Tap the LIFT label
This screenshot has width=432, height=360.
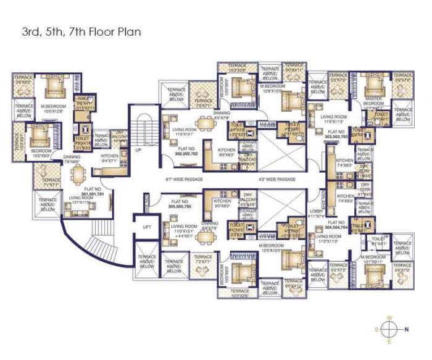point(146,227)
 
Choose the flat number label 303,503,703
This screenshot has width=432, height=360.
point(337,135)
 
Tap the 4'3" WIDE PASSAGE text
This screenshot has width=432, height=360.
point(278,179)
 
